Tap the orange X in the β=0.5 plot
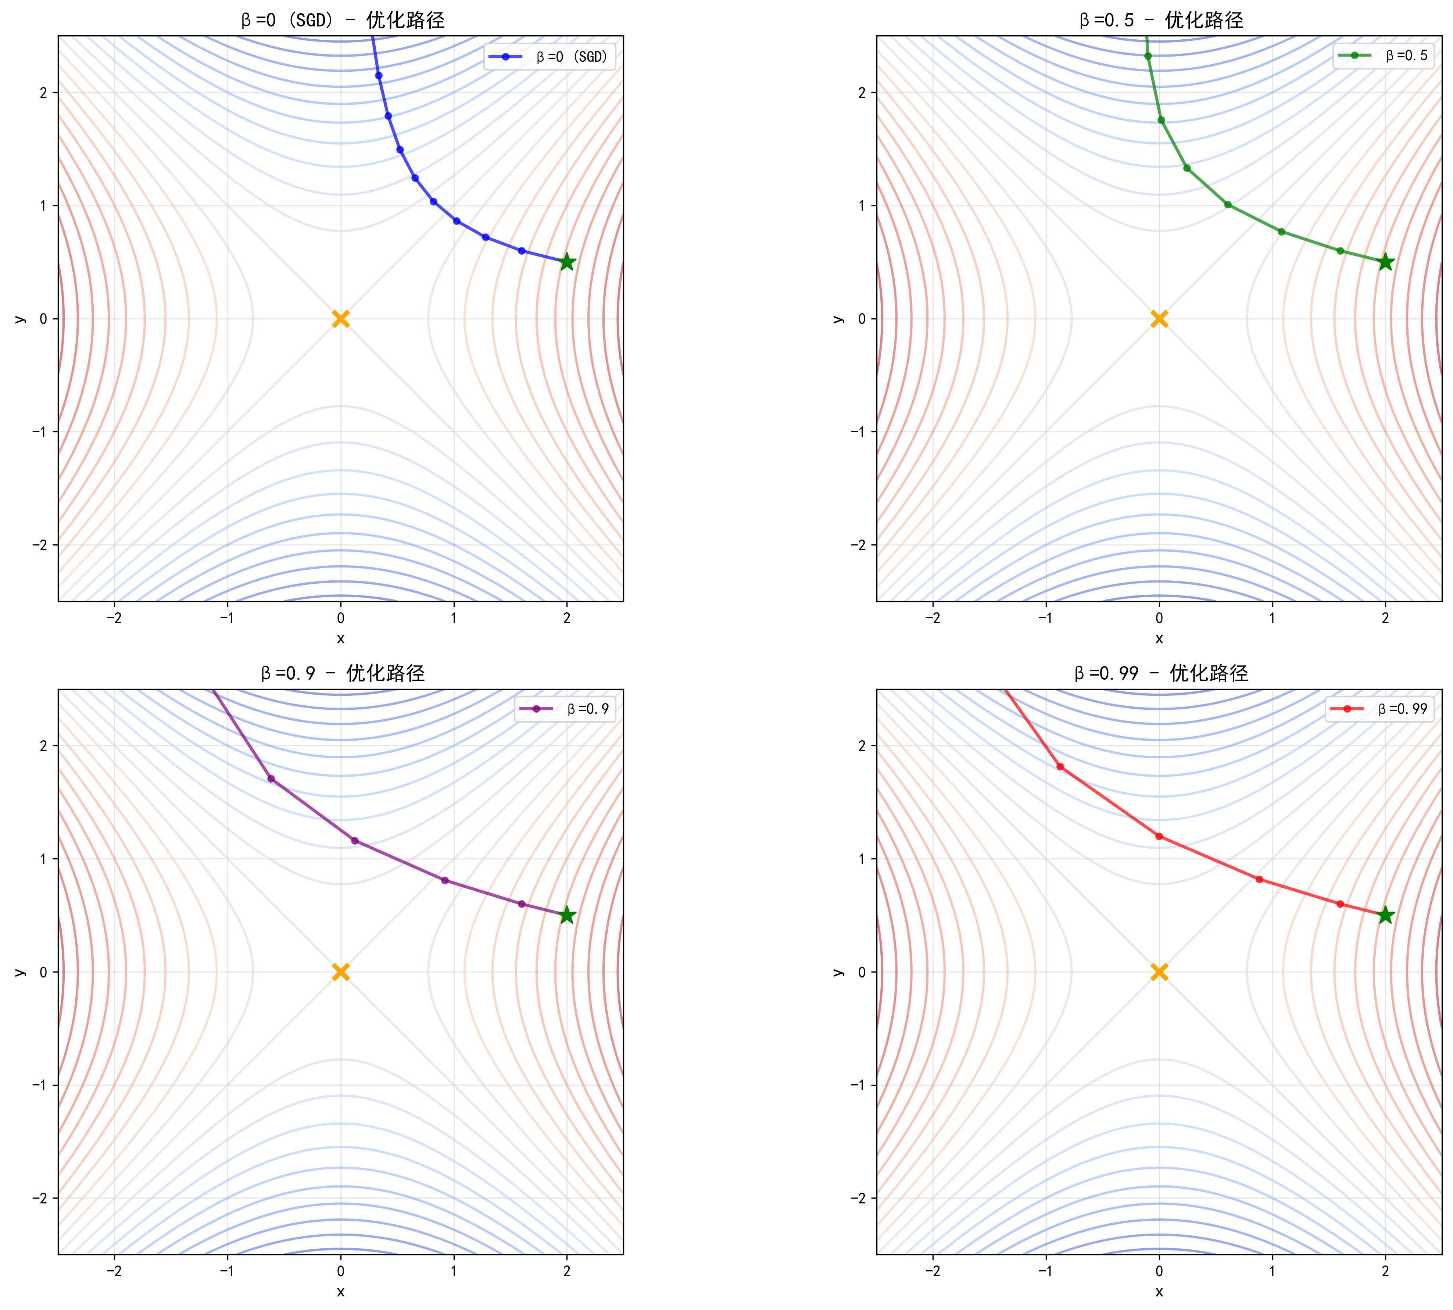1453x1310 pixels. click(x=1159, y=319)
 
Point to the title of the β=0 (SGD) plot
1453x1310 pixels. click(x=343, y=20)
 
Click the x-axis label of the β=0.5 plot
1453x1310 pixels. click(x=1159, y=638)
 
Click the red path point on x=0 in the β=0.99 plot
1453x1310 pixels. click(x=1159, y=836)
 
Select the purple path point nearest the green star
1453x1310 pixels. click(x=522, y=904)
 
